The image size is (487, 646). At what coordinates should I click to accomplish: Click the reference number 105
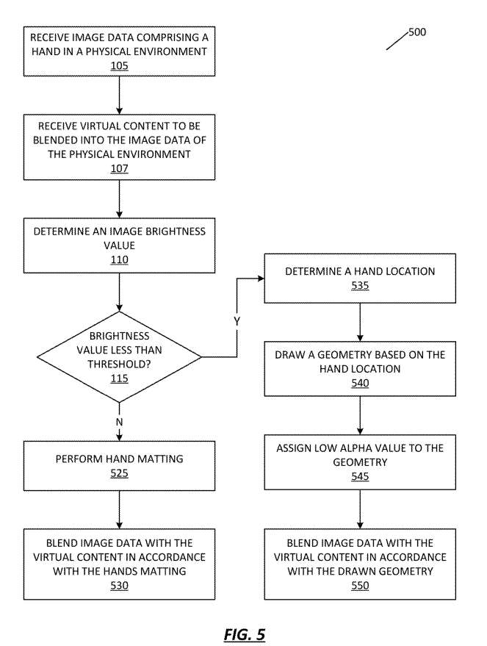point(120,66)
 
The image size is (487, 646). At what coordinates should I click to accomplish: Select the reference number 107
point(120,168)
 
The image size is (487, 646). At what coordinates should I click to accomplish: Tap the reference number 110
point(120,260)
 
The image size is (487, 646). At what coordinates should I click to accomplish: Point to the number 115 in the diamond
point(120,378)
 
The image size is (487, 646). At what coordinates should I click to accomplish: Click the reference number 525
point(120,474)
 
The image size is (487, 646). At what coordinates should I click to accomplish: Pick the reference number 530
point(120,586)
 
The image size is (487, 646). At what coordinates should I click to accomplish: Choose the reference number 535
point(360,286)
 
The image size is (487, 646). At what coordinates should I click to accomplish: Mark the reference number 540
point(360,383)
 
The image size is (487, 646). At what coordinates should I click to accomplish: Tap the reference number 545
point(360,477)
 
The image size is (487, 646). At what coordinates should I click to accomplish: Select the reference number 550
point(360,586)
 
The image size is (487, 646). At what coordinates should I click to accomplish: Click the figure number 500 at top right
point(417,32)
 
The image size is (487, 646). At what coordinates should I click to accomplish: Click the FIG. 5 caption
point(245,634)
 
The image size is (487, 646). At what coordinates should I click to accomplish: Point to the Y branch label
point(237,321)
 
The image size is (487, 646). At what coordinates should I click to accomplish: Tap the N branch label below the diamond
point(120,423)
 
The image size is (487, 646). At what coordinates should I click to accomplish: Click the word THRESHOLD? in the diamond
point(120,365)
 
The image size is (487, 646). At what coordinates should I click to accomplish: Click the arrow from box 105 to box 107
point(120,95)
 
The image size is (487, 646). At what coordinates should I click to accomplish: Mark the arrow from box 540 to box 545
point(360,415)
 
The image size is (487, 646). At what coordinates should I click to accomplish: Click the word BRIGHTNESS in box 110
point(176,232)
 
